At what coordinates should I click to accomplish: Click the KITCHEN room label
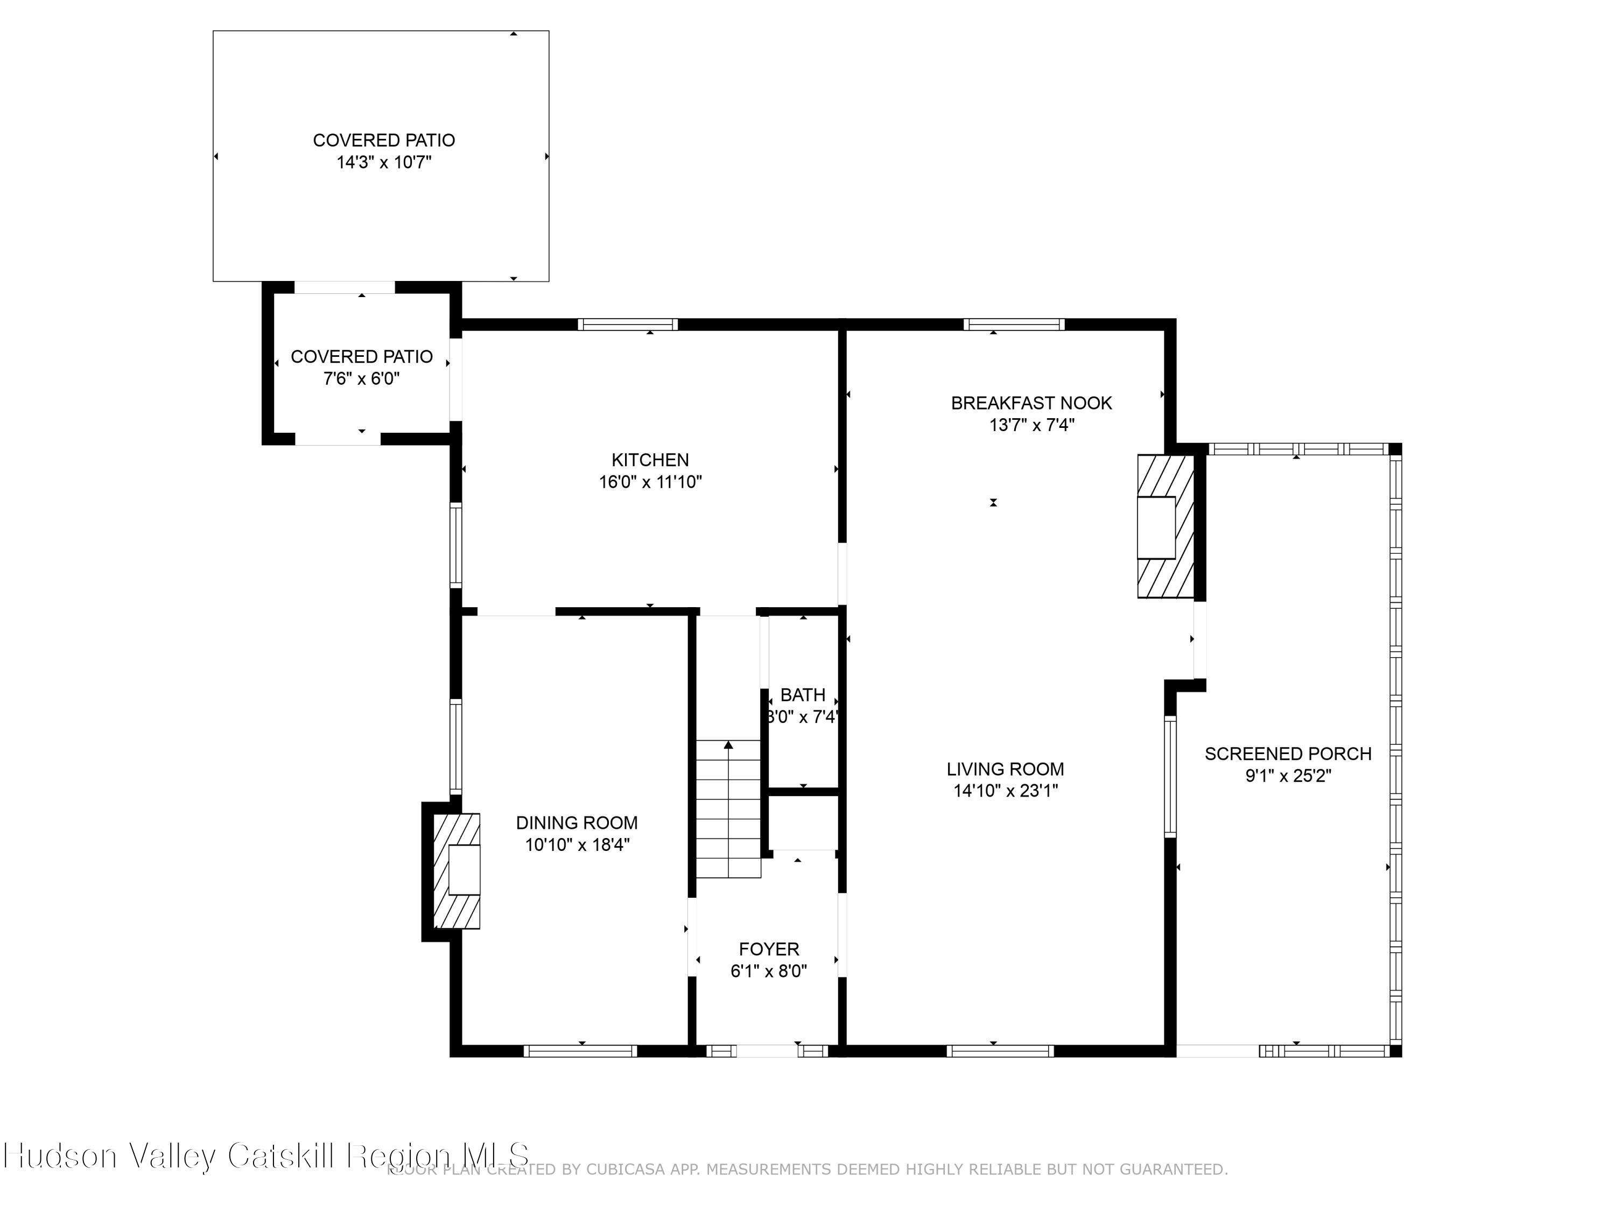point(650,460)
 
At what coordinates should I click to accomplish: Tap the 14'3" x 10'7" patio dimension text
point(383,162)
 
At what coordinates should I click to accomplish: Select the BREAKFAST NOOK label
point(1031,403)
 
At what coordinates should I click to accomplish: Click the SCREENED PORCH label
point(1287,754)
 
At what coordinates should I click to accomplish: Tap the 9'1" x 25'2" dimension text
point(1288,776)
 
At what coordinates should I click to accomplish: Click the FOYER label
point(769,949)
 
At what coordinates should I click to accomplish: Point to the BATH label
point(803,695)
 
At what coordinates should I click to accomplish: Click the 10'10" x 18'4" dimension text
point(577,844)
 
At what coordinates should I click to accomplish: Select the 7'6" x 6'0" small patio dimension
point(361,379)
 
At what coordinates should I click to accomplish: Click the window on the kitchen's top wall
point(628,325)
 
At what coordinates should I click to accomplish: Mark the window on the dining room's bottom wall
point(580,1051)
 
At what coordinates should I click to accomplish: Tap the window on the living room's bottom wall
point(1000,1051)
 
